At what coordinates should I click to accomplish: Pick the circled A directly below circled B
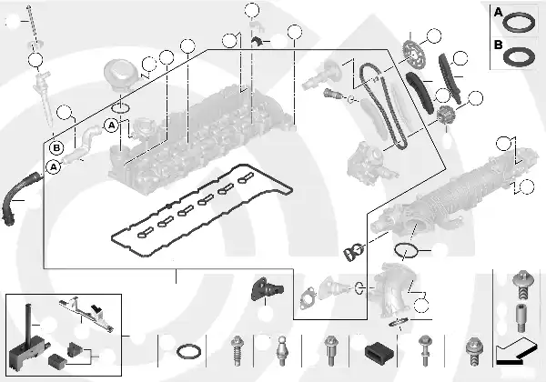pos(53,167)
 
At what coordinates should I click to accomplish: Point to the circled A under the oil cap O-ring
pos(111,124)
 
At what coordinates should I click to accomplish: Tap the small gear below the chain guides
pos(446,117)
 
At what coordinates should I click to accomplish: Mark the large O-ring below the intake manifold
pos(406,250)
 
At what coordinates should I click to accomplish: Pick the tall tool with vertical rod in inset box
pos(28,337)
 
